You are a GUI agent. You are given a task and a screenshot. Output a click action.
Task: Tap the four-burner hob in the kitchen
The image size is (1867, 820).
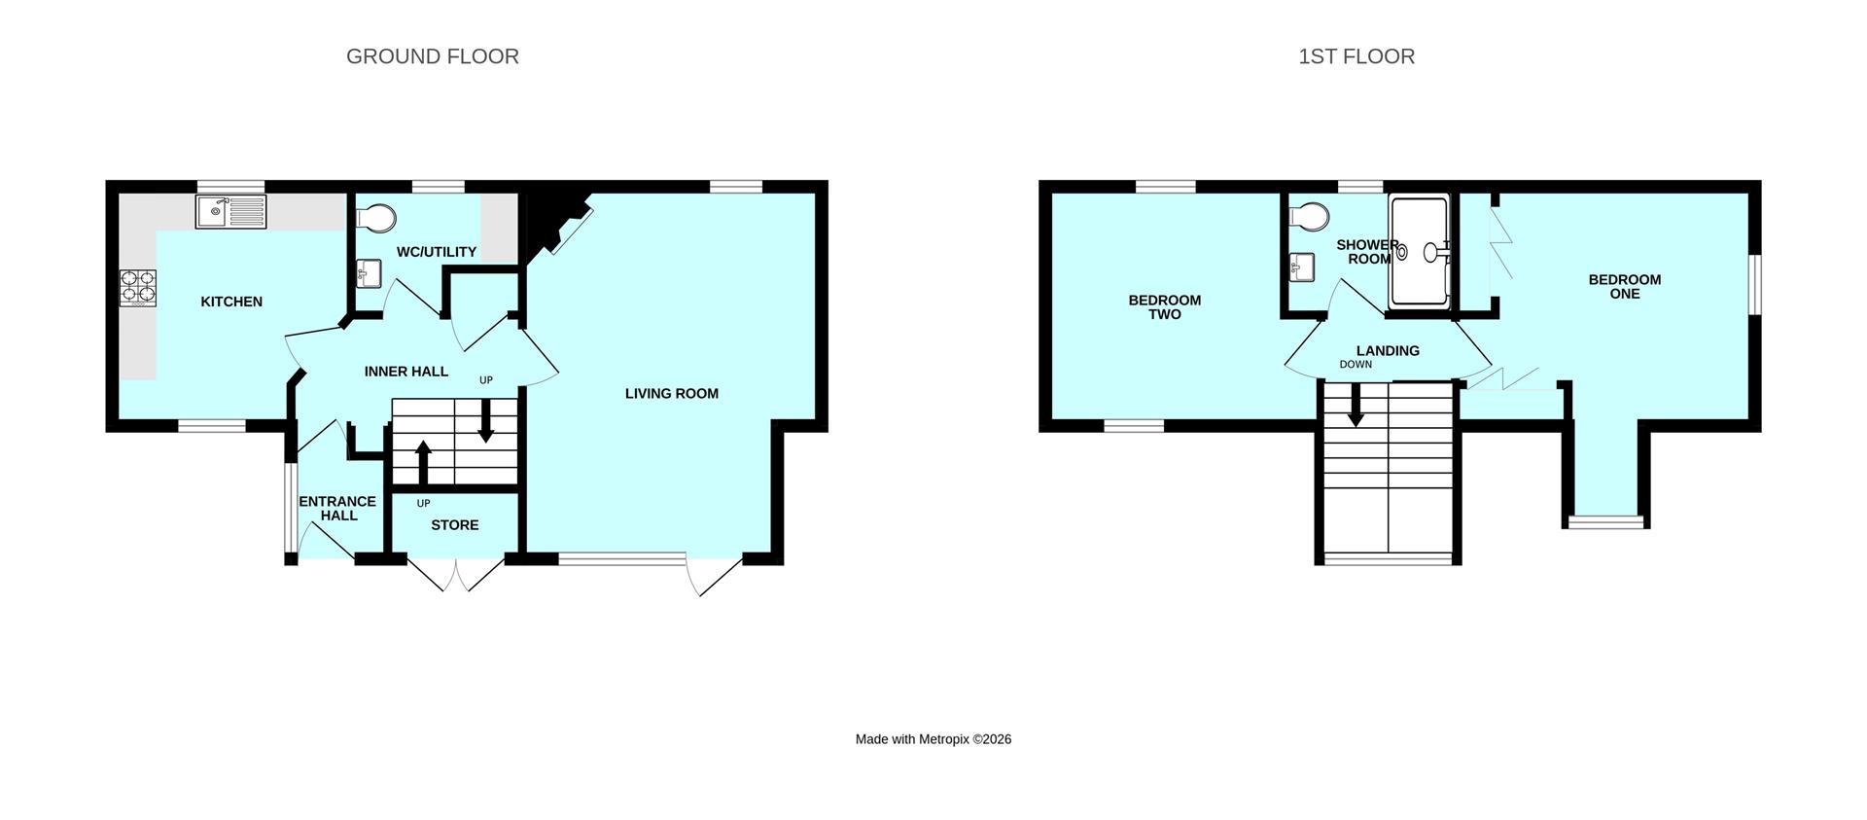(137, 287)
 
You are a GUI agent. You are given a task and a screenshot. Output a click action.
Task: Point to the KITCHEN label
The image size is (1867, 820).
(231, 302)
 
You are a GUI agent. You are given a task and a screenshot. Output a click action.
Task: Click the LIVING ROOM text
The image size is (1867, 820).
(671, 393)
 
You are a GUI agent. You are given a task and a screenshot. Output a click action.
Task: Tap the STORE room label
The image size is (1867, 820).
(454, 525)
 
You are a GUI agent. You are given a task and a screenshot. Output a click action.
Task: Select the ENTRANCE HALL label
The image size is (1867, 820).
(337, 508)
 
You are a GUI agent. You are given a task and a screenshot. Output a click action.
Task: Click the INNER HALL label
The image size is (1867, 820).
(406, 372)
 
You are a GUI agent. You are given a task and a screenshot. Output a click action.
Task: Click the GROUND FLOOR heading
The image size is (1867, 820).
(433, 56)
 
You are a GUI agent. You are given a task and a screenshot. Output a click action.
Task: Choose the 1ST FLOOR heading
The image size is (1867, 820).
(1356, 56)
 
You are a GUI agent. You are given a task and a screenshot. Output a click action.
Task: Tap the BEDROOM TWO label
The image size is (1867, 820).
(1164, 307)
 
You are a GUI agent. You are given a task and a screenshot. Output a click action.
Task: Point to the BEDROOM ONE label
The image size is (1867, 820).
(1625, 286)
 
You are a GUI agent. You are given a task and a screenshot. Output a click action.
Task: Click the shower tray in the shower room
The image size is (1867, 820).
(1420, 252)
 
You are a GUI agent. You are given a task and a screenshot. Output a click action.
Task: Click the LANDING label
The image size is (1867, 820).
(1388, 350)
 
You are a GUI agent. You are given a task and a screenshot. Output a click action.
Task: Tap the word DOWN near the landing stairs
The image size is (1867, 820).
(1356, 365)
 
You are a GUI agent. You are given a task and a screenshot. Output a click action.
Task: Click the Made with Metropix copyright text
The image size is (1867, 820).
(933, 739)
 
